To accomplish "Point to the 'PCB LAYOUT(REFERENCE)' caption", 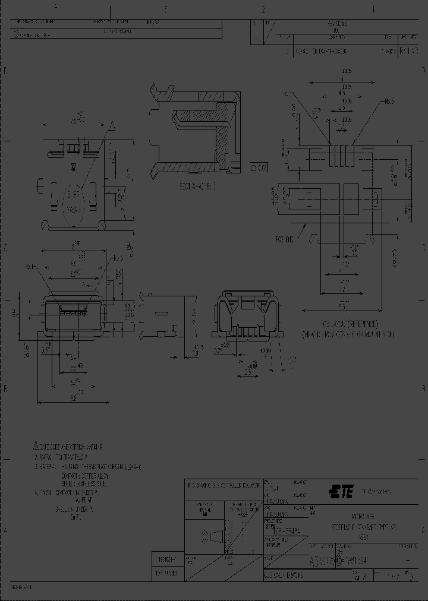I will pyautogui.click(x=341, y=325).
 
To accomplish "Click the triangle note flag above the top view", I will pyautogui.click(x=111, y=125).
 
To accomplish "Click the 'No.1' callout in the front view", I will pyautogui.click(x=34, y=267).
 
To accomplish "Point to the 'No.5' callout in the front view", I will pyautogui.click(x=117, y=258).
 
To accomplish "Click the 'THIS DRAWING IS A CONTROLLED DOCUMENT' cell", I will pyautogui.click(x=223, y=485).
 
